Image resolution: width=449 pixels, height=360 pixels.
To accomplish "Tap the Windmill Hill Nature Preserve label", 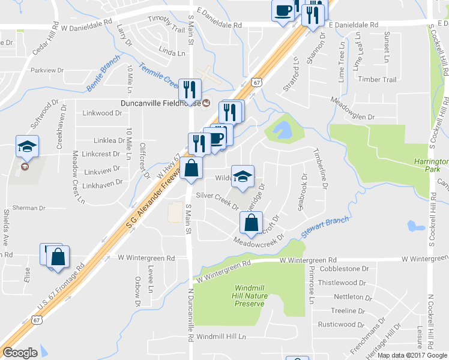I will click(249, 296).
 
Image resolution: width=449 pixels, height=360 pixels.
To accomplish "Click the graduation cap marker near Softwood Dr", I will click(27, 146).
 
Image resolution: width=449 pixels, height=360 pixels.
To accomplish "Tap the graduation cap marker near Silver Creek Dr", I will click(243, 176).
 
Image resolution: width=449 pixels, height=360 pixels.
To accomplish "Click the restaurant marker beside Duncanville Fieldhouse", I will click(190, 89).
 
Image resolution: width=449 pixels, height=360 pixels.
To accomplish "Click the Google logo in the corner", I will click(20, 353).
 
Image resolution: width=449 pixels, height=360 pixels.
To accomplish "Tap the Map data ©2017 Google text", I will click(411, 355).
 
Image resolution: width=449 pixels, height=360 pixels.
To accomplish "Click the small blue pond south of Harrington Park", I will click(413, 226).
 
